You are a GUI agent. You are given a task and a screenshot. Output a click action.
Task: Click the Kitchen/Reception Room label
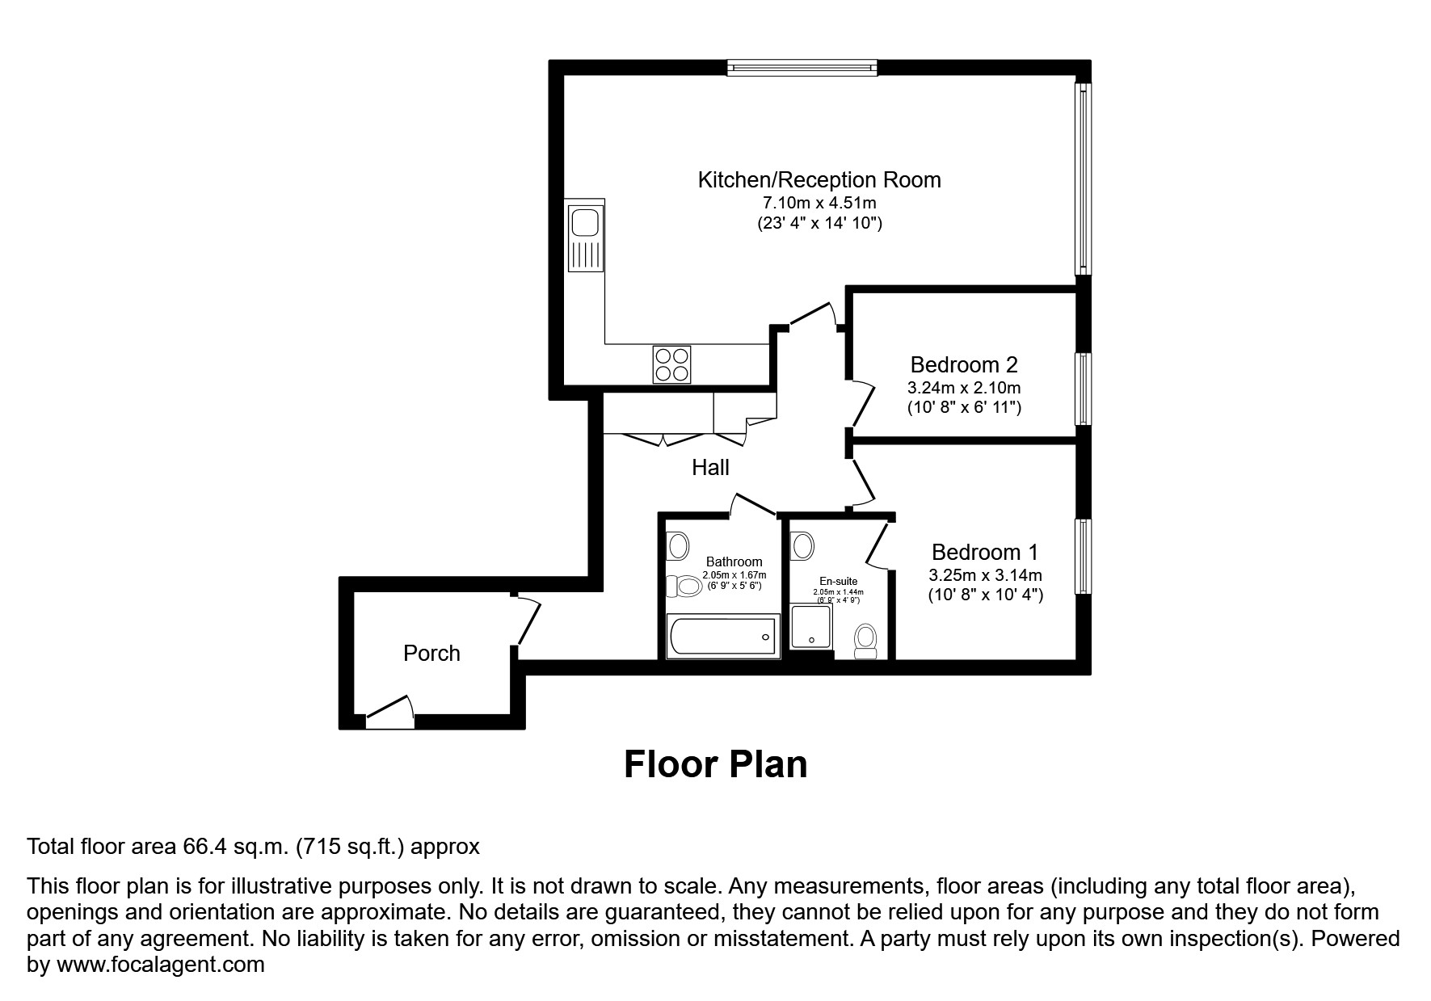(x=819, y=179)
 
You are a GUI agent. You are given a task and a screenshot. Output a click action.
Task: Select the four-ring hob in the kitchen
(x=672, y=364)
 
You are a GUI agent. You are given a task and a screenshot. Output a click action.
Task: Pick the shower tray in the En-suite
(x=810, y=628)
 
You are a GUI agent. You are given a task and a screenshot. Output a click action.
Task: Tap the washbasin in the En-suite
(x=802, y=545)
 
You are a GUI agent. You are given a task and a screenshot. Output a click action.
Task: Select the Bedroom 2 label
(x=964, y=364)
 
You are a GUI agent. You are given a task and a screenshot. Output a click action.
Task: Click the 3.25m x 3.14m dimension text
(x=985, y=575)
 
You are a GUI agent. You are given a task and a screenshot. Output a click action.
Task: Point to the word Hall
(x=710, y=468)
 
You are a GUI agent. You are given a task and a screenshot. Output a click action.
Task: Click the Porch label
(x=431, y=653)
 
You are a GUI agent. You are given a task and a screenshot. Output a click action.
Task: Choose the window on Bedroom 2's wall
(x=1083, y=389)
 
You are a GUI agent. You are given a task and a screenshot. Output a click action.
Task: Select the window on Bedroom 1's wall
(x=1083, y=557)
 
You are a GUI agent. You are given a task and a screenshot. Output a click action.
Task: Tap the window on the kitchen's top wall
(x=802, y=68)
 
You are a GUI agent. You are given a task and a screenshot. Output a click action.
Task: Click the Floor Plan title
(x=716, y=764)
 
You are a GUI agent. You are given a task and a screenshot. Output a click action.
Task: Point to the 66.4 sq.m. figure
(x=234, y=847)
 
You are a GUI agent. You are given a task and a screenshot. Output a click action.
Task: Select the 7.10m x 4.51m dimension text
(x=820, y=203)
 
